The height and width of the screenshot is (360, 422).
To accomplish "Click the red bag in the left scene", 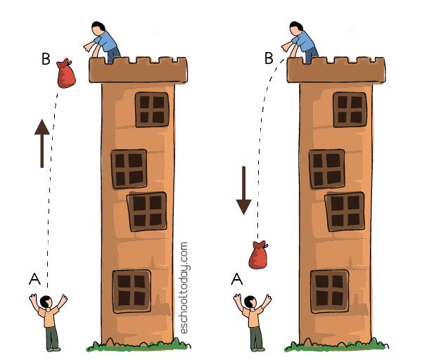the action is tap(66, 74).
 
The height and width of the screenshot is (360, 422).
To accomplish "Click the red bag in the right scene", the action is tap(258, 255).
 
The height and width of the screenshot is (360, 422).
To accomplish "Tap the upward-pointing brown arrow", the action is tap(42, 143).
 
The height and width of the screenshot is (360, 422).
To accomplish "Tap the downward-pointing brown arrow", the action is tap(244, 191).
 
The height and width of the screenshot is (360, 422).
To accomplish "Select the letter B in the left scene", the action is tap(46, 59).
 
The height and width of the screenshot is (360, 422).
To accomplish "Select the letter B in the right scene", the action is tap(269, 58).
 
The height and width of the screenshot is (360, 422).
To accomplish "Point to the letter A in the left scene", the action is tap(34, 279).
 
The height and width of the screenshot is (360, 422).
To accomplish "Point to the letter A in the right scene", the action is tap(237, 279).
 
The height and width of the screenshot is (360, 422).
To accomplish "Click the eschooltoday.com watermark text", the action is tap(184, 288).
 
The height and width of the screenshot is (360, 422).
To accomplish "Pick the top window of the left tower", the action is tap(152, 110).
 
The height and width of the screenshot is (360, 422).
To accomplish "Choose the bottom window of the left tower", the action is tap(132, 291).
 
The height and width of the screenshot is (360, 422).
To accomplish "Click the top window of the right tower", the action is tap(350, 110).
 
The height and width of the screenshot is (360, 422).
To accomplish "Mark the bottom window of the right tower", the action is tap(330, 291).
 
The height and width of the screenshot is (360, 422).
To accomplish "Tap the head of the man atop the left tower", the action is tap(98, 28).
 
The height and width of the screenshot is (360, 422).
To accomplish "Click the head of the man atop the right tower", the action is tap(296, 28).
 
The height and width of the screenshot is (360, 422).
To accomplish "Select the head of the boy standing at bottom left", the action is tap(46, 302).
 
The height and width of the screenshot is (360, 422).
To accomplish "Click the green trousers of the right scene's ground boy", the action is tap(256, 337).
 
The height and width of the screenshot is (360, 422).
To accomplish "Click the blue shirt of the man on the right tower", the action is tap(304, 41).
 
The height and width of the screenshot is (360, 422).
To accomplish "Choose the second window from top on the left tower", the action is tap(129, 169).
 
